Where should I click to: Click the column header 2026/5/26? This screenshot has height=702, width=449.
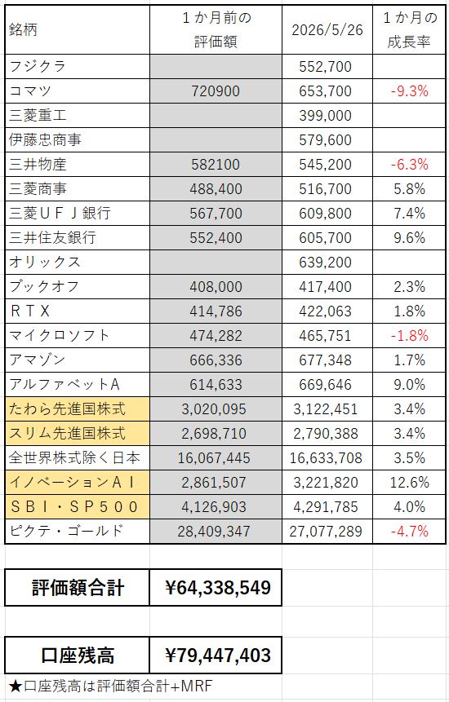[327, 30]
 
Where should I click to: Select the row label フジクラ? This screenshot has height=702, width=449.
[38, 67]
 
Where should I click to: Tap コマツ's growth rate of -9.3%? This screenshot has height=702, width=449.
[410, 91]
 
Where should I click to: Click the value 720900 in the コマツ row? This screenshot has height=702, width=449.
[216, 91]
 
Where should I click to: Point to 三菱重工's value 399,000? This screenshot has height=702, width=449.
[326, 116]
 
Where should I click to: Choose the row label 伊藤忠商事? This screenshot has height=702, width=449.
[45, 140]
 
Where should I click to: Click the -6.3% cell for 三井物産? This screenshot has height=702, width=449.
[410, 165]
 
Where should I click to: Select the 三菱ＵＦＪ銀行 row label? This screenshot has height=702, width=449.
[60, 213]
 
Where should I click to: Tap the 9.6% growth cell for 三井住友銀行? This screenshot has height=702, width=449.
[410, 238]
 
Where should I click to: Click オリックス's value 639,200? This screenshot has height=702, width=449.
[326, 263]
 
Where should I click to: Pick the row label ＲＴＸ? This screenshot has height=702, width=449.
[29, 311]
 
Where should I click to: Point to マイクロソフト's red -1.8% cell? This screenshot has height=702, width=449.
[410, 336]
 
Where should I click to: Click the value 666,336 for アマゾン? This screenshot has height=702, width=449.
[216, 360]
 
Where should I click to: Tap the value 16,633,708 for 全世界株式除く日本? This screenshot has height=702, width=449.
[326, 458]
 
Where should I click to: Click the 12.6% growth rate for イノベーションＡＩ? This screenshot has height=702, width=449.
[410, 482]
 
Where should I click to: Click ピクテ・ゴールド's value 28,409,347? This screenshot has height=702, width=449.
[214, 532]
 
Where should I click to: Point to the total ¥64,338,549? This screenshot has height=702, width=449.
[218, 587]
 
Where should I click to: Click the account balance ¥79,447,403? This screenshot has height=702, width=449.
[218, 656]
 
